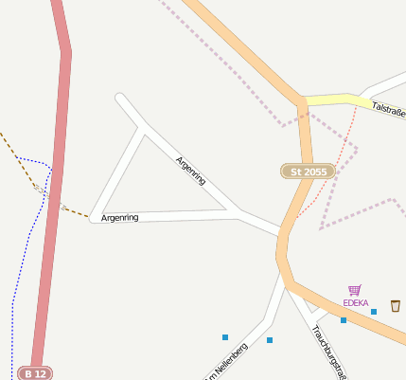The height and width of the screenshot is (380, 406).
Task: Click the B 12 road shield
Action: [35, 373]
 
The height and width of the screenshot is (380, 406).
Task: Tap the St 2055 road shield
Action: [309, 172]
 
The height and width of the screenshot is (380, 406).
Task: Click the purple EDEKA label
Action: [356, 303]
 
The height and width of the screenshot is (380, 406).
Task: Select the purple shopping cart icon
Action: [355, 290]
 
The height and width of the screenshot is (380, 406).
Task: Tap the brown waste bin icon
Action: [395, 305]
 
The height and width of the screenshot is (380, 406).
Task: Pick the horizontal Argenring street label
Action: [120, 218]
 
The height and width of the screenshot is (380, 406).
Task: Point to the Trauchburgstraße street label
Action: [328, 352]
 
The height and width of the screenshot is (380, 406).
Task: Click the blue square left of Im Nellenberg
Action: [225, 337]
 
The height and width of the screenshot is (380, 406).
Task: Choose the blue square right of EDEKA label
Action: [374, 312]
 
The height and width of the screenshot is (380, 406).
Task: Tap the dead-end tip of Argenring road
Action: [119, 97]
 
